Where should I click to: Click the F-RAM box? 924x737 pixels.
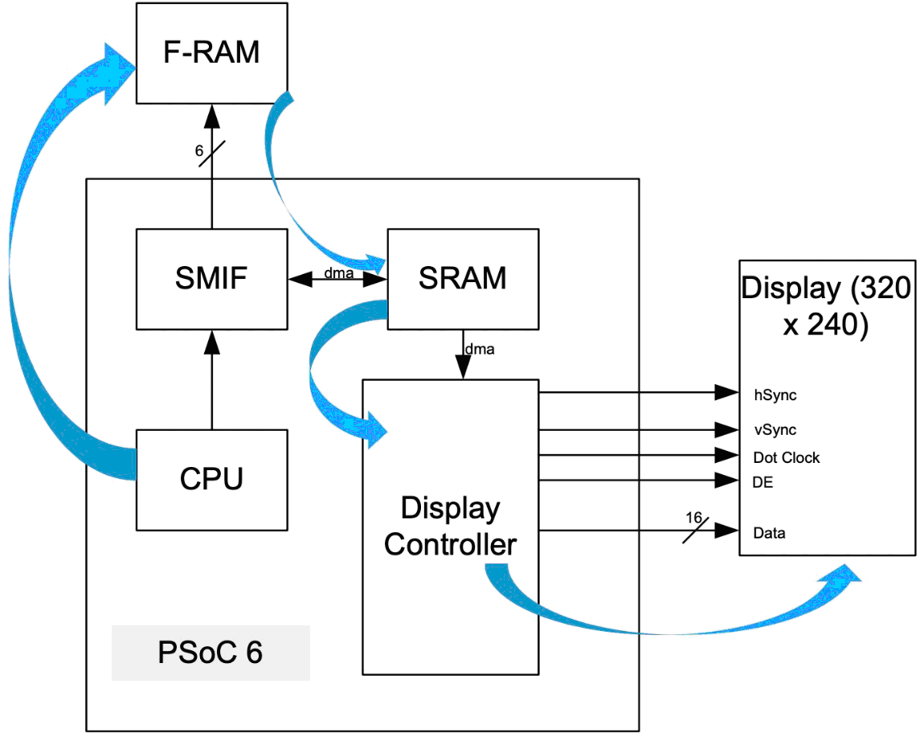click(x=212, y=53)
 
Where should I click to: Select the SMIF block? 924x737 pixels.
click(x=212, y=279)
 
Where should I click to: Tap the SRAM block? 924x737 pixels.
click(x=463, y=279)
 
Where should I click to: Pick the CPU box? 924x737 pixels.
click(x=212, y=480)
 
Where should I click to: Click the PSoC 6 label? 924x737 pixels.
click(x=211, y=653)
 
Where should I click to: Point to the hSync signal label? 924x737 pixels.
click(x=775, y=395)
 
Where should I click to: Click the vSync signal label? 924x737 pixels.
click(x=775, y=430)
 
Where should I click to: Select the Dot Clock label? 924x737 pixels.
click(x=786, y=457)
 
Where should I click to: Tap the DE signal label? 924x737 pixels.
click(x=763, y=482)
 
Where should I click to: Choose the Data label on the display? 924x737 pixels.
click(x=769, y=533)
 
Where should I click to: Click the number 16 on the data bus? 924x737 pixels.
click(x=693, y=518)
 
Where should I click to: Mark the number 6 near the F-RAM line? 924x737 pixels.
click(x=199, y=151)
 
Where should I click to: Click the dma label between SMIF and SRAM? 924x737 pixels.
click(x=339, y=273)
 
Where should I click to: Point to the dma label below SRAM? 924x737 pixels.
click(x=480, y=349)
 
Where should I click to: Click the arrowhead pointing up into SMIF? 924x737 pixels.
click(x=212, y=342)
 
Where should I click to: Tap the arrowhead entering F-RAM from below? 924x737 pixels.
click(x=212, y=117)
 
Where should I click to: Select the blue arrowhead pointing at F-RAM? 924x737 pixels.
click(x=118, y=73)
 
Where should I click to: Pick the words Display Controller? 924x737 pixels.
click(x=450, y=526)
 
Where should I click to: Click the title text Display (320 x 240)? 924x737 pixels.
click(x=826, y=306)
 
